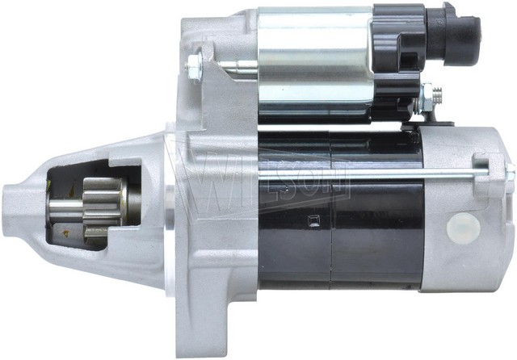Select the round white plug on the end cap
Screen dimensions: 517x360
463,228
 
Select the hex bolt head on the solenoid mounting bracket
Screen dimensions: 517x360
194,66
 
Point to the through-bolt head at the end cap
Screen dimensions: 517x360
511,172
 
